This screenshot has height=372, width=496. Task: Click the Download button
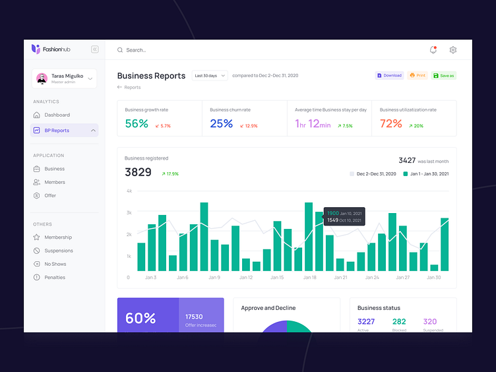(389, 76)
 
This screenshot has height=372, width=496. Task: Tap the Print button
(417, 76)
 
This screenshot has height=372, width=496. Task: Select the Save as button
(443, 76)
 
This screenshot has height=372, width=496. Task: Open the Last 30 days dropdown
(210, 76)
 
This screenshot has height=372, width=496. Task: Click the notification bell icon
(433, 50)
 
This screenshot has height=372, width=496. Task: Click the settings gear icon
(453, 50)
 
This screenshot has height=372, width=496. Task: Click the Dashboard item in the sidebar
(57, 115)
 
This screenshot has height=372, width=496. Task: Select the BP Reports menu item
(57, 131)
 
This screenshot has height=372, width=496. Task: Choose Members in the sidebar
(55, 182)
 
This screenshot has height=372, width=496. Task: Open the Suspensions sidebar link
(59, 251)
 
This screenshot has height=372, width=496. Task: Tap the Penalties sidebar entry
(55, 278)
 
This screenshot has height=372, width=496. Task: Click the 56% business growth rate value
(137, 123)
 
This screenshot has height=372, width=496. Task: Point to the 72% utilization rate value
(391, 123)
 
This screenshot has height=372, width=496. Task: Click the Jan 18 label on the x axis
(309, 278)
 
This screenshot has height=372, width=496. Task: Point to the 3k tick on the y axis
(129, 212)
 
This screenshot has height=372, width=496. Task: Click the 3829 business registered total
(138, 172)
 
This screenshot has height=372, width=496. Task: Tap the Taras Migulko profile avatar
(42, 78)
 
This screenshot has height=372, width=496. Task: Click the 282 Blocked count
(399, 322)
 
